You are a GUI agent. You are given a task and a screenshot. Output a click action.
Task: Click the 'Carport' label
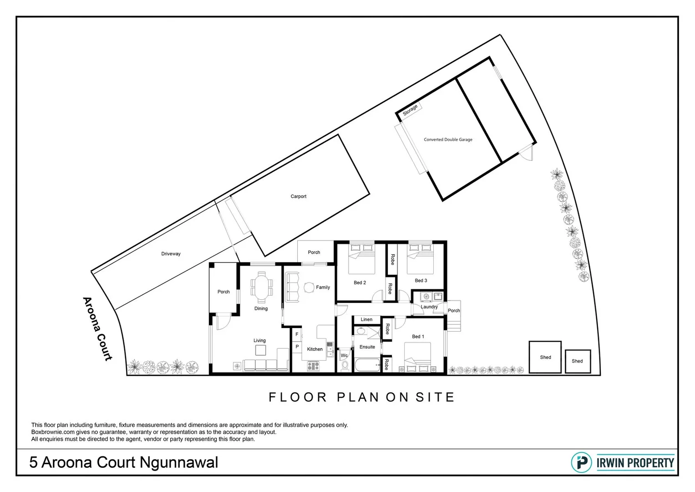tap(298, 196)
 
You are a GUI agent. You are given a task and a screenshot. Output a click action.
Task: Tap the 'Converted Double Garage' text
tap(448, 139)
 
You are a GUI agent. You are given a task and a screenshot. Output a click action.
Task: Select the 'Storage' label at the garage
tap(410, 110)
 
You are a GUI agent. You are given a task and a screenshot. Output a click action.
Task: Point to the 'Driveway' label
tap(171, 254)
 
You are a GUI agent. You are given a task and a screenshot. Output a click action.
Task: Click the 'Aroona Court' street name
tap(97, 328)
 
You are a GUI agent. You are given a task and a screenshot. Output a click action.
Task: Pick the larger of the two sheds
tap(545, 357)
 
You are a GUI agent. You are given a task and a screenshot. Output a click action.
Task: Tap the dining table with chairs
tap(261, 287)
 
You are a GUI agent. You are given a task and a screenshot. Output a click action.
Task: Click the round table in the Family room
tap(309, 287)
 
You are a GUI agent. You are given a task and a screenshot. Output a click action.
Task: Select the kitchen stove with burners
tap(313, 366)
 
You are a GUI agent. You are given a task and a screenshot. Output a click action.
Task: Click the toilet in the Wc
tap(345, 365)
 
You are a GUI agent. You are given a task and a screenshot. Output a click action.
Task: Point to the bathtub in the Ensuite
tap(367, 365)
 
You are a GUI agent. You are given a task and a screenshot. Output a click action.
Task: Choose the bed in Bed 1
tap(417, 358)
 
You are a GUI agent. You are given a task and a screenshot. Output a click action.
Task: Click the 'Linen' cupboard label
tap(366, 319)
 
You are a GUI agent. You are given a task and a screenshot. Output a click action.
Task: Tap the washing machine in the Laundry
tap(426, 297)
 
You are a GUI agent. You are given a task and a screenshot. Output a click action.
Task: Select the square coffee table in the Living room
tap(260, 350)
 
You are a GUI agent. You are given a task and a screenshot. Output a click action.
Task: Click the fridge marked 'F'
tap(297, 334)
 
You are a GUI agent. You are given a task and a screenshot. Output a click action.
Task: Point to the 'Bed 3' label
tap(421, 281)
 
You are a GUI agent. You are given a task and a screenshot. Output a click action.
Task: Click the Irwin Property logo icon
tap(582, 462)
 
